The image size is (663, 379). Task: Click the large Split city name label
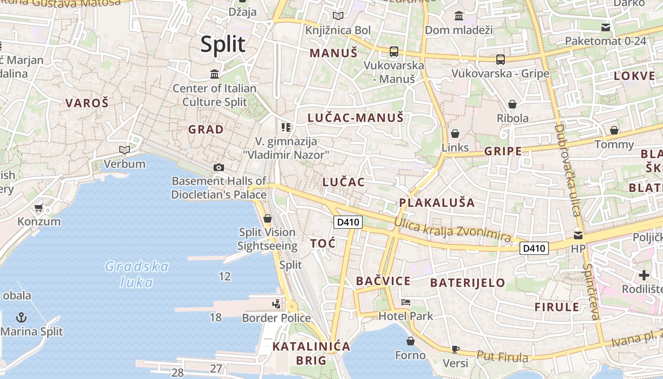(223, 44)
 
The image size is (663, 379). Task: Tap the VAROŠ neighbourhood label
(87, 103)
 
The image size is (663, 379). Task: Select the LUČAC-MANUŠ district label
(355, 117)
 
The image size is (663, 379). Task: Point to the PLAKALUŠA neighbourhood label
(436, 203)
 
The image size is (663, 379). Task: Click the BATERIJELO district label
(467, 283)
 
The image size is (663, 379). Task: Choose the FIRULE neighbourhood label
(557, 307)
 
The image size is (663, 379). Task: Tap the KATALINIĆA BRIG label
(311, 353)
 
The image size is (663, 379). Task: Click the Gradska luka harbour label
(136, 274)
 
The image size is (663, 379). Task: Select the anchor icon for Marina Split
(21, 317)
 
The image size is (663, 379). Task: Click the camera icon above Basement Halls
(218, 167)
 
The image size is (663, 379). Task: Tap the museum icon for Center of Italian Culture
(215, 74)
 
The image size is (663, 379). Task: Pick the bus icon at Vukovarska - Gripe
(500, 60)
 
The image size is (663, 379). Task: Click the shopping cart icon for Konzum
(39, 208)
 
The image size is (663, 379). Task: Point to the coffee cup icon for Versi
(455, 349)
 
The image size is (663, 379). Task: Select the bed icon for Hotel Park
(405, 302)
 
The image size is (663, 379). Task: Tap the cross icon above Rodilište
(644, 275)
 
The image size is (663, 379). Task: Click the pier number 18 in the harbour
(215, 317)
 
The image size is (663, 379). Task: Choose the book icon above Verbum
(125, 150)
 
